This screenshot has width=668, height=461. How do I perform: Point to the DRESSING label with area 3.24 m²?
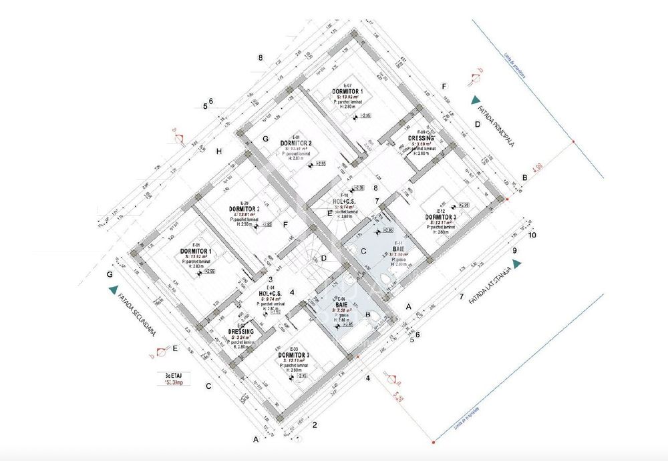tap(240, 332)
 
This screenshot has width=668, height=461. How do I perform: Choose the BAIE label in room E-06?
tap(345, 304)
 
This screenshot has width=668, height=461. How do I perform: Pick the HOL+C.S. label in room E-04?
tap(272, 293)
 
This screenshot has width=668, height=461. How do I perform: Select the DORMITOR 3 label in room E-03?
tap(294, 354)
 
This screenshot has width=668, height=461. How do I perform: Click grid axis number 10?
tap(532, 235)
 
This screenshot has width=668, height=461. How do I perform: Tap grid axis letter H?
tap(218, 151)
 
